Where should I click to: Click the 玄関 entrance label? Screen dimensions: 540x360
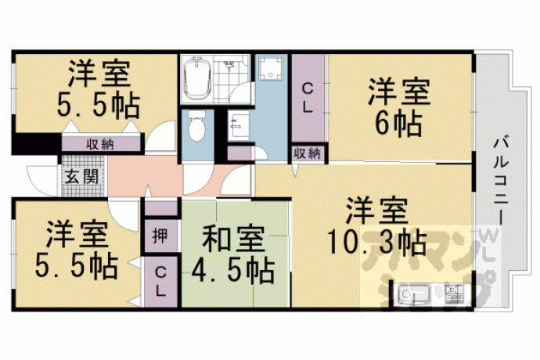[x=82, y=176]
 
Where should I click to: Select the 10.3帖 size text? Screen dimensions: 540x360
[x=376, y=243]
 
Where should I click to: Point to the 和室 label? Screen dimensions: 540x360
[x=233, y=239]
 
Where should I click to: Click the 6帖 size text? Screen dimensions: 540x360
[x=399, y=123]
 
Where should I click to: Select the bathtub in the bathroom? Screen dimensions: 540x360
[x=196, y=78]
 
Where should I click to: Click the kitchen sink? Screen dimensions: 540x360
[x=412, y=294]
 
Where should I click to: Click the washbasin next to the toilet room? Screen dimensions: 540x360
[x=239, y=124]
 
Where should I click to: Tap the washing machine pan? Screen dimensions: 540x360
[x=270, y=68]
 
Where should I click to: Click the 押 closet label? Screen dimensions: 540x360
[x=160, y=236]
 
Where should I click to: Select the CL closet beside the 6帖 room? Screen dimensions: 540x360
[x=308, y=99]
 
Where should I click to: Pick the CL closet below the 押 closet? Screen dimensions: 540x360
[x=160, y=283]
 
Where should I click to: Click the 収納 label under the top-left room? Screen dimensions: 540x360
[x=100, y=145]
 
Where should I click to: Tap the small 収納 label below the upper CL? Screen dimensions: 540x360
[x=308, y=153]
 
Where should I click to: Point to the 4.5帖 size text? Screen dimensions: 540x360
[x=233, y=270]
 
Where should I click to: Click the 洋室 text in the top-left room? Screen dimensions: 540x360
[x=99, y=74]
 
